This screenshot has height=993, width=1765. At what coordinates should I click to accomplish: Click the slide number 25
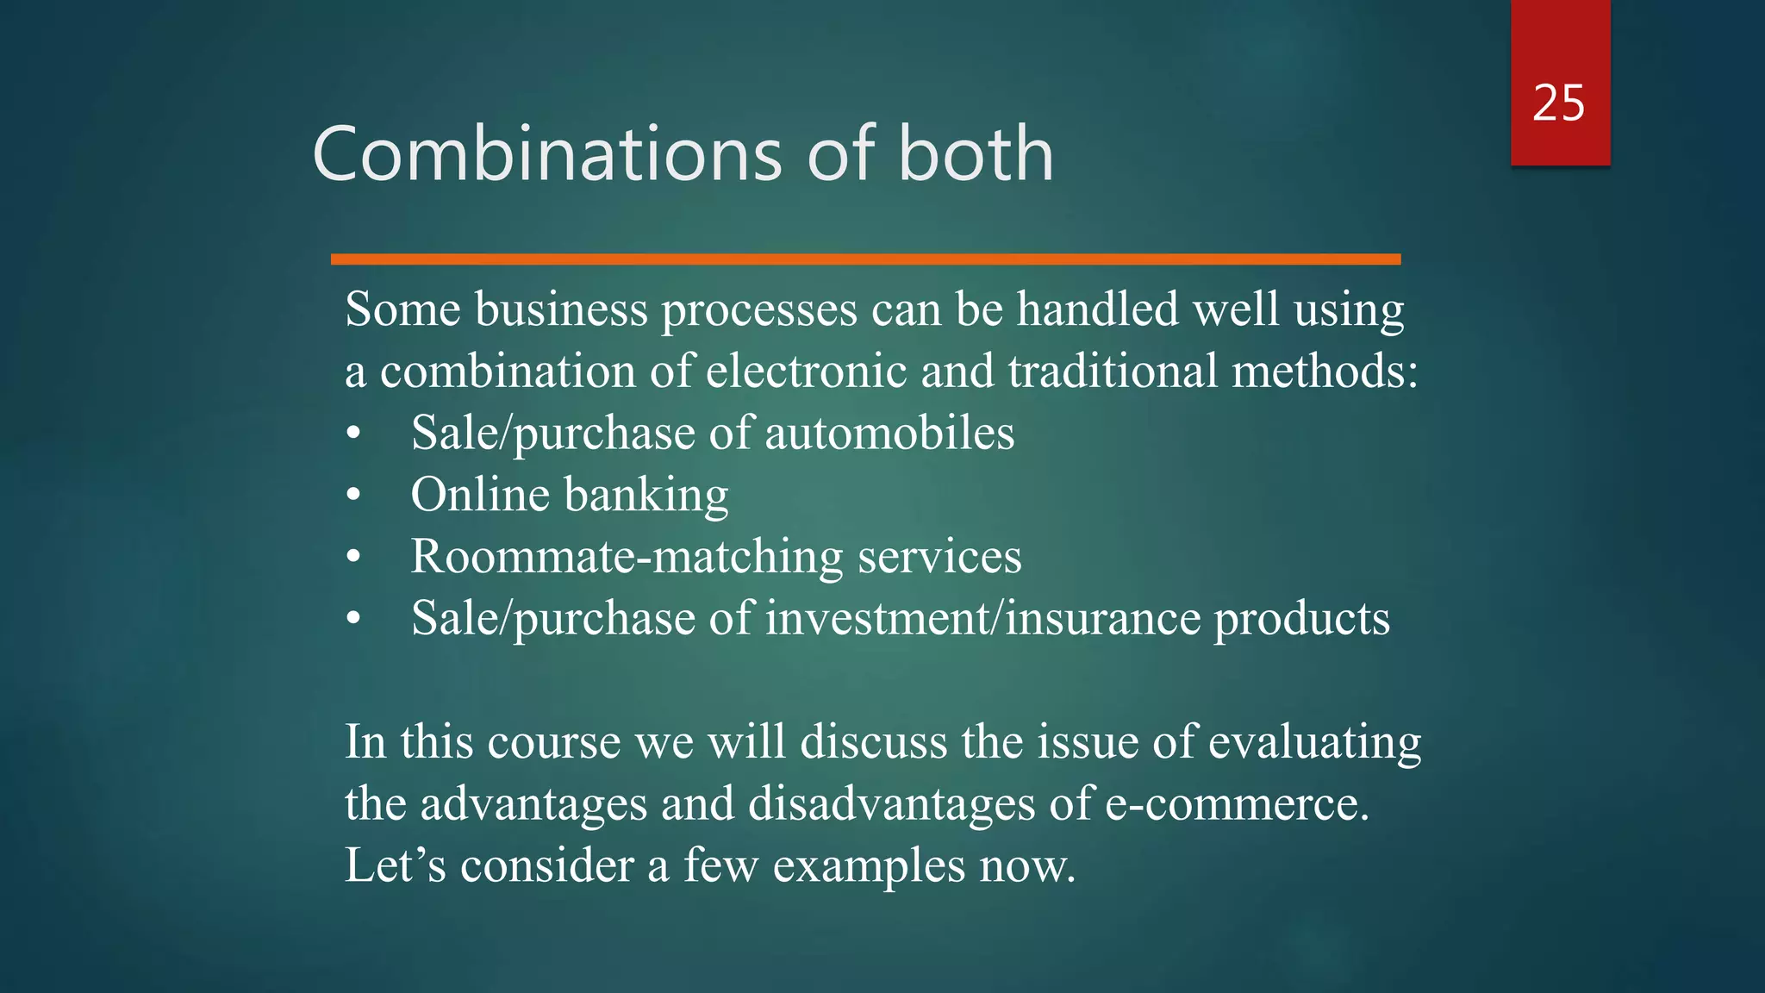[1558, 103]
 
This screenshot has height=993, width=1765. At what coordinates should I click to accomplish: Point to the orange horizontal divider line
[865, 259]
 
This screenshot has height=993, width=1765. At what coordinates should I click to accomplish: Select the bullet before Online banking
[353, 496]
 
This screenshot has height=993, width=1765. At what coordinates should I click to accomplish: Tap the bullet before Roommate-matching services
[353, 558]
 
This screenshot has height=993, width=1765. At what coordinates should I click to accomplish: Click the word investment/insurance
[982, 619]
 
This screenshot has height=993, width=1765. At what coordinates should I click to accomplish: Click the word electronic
[806, 372]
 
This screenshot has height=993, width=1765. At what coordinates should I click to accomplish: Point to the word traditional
[1113, 372]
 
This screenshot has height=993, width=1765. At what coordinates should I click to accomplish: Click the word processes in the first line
[758, 310]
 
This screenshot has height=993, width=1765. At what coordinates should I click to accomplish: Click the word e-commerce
[1236, 804]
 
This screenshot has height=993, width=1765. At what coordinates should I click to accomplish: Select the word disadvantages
[891, 804]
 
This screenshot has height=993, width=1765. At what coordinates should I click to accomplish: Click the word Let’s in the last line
[395, 865]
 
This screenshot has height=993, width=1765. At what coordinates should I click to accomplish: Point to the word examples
[869, 867]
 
